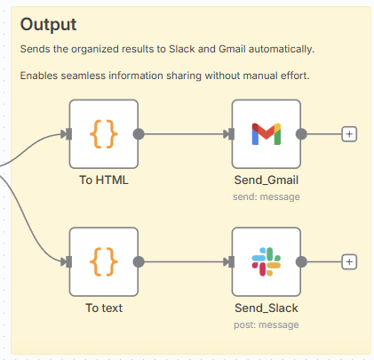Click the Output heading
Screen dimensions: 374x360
[x=48, y=25]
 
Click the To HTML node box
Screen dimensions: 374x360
[x=104, y=134]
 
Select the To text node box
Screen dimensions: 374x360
[x=104, y=261]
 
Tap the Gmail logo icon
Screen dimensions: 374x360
[x=267, y=134]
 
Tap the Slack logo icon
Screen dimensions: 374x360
[x=267, y=261]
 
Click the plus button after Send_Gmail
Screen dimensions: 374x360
[x=349, y=134]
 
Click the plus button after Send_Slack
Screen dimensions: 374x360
[x=349, y=262]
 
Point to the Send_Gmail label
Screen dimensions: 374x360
[x=267, y=180]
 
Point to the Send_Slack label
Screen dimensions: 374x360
[x=267, y=308]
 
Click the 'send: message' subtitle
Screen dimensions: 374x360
[x=267, y=196]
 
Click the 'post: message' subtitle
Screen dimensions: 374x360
[x=267, y=324]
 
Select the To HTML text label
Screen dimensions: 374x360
[x=104, y=180]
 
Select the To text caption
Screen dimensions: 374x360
[x=104, y=308]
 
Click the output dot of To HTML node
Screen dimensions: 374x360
[x=139, y=134]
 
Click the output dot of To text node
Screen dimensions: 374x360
[x=139, y=262]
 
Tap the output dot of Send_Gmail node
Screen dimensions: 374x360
[x=301, y=134]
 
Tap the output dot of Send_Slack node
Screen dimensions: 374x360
[x=301, y=262]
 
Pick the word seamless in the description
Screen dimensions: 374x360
[x=84, y=76]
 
